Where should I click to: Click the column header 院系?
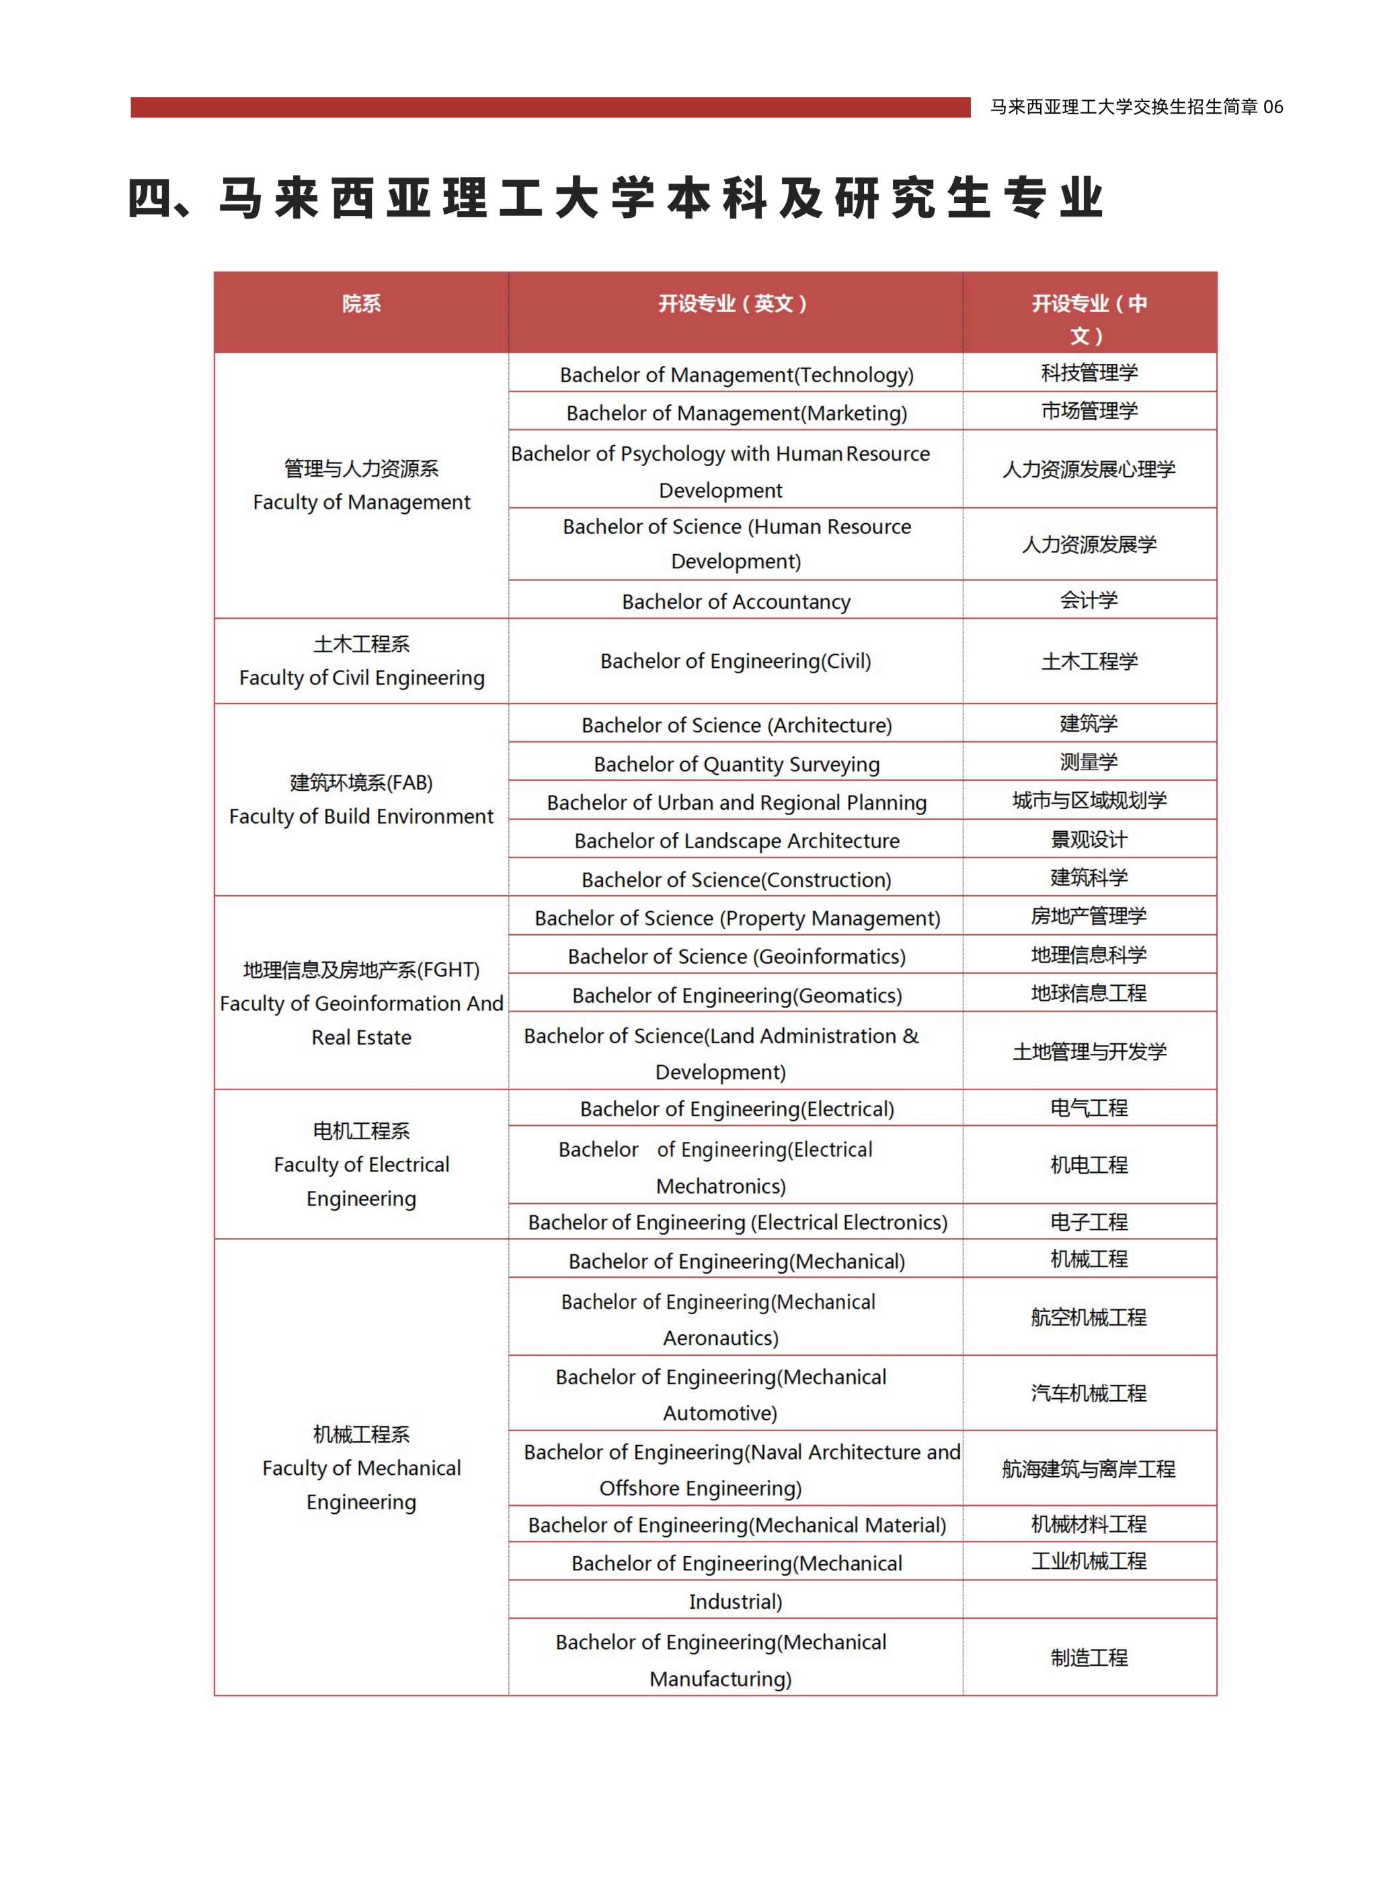pyautogui.click(x=361, y=303)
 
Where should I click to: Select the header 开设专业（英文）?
pyautogui.click(x=734, y=303)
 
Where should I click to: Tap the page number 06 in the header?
pyautogui.click(x=1273, y=107)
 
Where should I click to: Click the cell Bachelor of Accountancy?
pyautogui.click(x=736, y=601)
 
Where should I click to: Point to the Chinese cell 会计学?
pyautogui.click(x=1089, y=599)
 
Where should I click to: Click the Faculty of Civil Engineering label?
pyautogui.click(x=361, y=678)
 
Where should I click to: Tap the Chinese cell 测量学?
pyautogui.click(x=1089, y=762)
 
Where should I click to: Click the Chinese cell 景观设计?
pyautogui.click(x=1089, y=839)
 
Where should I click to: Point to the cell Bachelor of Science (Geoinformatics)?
pyautogui.click(x=736, y=956)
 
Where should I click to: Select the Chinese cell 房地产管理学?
pyautogui.click(x=1089, y=916)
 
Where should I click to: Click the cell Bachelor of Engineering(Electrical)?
pyautogui.click(x=736, y=1109)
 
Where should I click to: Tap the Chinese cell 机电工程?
pyautogui.click(x=1089, y=1165)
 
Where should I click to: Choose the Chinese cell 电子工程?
pyautogui.click(x=1089, y=1222)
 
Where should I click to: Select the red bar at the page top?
pyautogui.click(x=550, y=108)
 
